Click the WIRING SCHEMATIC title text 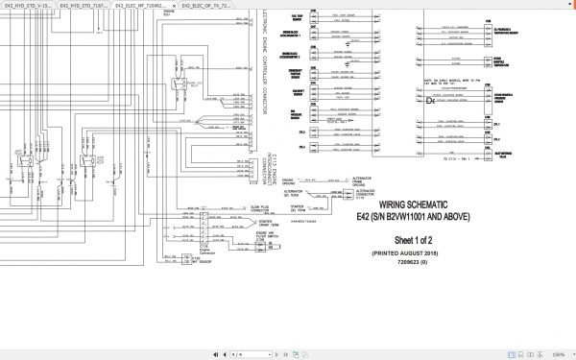pos(422,204)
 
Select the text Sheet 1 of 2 pos(422,234)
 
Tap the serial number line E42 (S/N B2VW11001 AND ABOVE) pos(422,216)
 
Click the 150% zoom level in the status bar pos(556,354)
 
